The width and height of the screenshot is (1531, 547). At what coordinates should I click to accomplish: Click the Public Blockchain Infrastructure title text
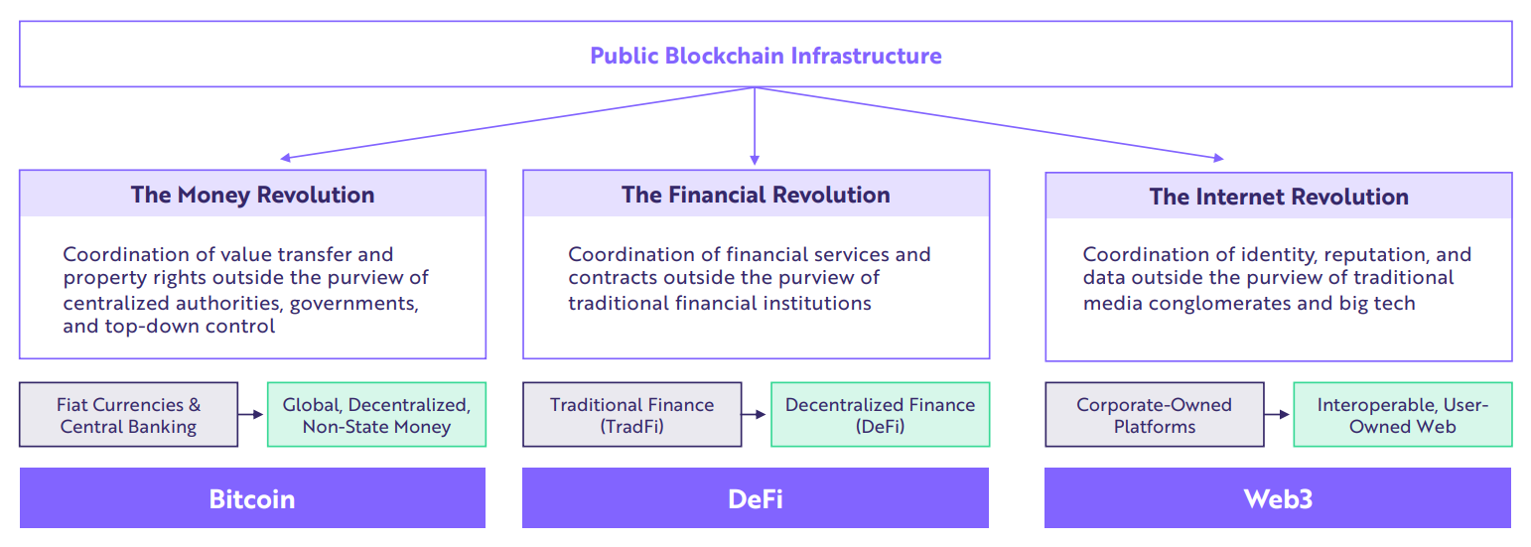[765, 56]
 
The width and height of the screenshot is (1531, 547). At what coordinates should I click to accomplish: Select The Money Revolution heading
[253, 195]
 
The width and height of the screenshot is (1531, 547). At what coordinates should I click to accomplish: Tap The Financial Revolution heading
[756, 195]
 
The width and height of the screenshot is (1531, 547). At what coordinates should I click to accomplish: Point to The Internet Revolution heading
[1279, 197]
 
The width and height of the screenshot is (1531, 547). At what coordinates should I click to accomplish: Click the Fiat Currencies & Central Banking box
[128, 414]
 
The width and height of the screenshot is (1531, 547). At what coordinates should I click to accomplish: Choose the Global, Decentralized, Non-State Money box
[376, 414]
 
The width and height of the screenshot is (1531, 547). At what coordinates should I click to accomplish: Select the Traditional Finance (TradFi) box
[632, 414]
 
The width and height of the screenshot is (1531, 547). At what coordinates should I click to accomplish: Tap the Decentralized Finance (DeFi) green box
[881, 414]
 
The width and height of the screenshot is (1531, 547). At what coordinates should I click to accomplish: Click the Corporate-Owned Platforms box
[1155, 414]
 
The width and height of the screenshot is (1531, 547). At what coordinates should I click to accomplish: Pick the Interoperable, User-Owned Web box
[1403, 414]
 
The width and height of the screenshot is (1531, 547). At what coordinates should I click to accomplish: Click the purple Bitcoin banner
[252, 497]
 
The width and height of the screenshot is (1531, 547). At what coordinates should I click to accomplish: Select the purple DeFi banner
[756, 497]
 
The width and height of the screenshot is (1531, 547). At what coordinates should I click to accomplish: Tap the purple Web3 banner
[1278, 497]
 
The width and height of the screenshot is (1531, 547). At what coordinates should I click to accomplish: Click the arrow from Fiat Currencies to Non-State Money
[251, 414]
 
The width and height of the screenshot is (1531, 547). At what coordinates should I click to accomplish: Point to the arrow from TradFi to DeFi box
[754, 414]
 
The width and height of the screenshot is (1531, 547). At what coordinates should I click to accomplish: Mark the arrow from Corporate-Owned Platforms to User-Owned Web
[1277, 414]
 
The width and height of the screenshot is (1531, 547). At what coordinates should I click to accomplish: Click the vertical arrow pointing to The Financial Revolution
[755, 126]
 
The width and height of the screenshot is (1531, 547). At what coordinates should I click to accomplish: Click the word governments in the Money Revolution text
[354, 303]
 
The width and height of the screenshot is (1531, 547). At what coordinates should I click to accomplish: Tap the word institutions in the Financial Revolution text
[817, 303]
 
